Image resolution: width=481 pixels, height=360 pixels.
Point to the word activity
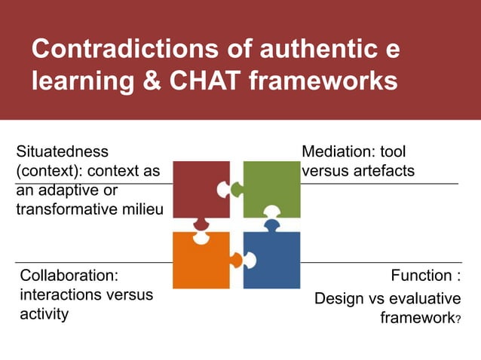pos(44,314)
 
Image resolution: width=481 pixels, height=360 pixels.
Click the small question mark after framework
pos(458,321)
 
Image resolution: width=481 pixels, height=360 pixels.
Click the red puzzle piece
pos(200,188)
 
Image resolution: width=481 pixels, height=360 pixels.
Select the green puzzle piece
pos(271,188)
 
